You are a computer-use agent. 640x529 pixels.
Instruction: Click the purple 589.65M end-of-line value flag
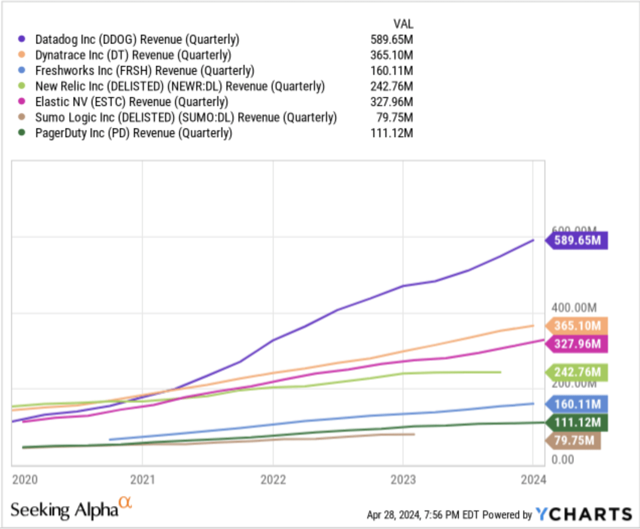577,240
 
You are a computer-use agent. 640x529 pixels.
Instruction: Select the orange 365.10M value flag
577,326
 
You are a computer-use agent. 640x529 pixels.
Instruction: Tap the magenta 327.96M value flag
577,344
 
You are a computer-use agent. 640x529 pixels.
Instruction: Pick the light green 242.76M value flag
577,372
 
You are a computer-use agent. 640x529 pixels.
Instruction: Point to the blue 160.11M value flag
577,404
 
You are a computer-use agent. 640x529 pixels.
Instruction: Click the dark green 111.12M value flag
577,422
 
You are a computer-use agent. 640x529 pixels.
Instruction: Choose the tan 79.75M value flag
574,440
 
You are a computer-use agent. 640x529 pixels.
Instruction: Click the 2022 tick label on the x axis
273,480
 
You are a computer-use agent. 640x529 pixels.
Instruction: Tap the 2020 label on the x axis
25,480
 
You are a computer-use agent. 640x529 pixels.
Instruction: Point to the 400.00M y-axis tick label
574,307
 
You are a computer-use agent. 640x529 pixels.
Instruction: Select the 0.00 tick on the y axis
563,460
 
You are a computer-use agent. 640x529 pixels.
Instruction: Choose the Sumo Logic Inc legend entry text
186,117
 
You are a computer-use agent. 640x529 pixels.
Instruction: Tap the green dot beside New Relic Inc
22,86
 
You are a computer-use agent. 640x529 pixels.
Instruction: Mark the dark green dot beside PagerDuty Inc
22,133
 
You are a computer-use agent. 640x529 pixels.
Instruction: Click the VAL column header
403,24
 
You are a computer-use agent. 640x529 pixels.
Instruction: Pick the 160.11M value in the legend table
391,70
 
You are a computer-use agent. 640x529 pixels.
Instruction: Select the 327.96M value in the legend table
391,102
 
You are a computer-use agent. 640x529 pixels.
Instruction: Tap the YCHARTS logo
584,514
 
